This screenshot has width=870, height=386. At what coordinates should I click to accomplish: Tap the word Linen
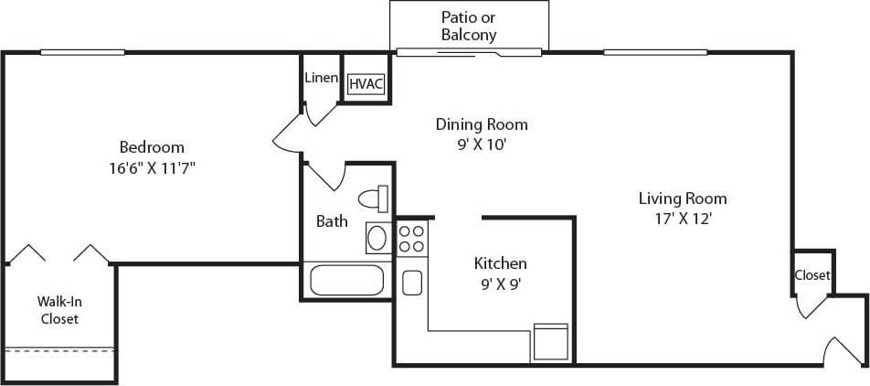click(x=321, y=79)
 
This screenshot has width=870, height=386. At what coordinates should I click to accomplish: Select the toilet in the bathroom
click(x=374, y=198)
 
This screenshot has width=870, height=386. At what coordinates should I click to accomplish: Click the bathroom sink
click(x=377, y=238)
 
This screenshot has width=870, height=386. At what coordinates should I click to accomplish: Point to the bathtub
click(x=346, y=279)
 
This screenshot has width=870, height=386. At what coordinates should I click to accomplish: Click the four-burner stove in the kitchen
click(x=411, y=239)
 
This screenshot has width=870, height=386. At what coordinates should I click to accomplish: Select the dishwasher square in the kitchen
click(x=551, y=342)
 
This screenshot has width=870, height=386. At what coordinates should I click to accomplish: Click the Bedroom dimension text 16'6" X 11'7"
click(x=152, y=168)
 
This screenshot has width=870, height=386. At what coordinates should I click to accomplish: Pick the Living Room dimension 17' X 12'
click(x=682, y=219)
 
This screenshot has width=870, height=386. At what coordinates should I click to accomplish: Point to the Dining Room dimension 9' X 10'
click(x=481, y=145)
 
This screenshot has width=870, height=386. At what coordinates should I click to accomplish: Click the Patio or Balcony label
click(x=469, y=26)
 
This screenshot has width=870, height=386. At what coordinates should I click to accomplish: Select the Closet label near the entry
click(x=812, y=275)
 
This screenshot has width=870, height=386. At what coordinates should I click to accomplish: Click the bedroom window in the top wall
click(x=82, y=52)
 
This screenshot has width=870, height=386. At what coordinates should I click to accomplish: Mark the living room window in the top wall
click(x=644, y=52)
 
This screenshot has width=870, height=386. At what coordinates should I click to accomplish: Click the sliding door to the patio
click(x=470, y=53)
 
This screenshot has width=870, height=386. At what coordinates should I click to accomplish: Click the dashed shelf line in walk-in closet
click(x=59, y=349)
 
